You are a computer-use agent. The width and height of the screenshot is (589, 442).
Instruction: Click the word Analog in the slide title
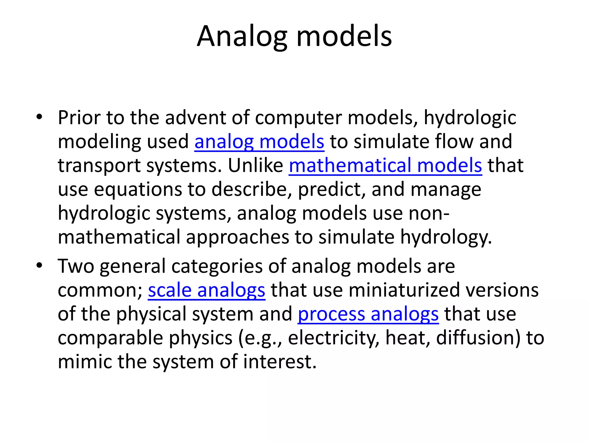[x=242, y=37]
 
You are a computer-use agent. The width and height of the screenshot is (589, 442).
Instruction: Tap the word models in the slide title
[x=344, y=37]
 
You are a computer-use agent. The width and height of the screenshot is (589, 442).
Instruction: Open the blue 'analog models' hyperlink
[x=259, y=142]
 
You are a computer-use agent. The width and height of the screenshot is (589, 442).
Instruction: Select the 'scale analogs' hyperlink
[x=206, y=290]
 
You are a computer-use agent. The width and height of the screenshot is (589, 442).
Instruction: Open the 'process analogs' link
[x=368, y=314]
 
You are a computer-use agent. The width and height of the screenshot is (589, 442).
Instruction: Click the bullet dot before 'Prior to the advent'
[x=39, y=117]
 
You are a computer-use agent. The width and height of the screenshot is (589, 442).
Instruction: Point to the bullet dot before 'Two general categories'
[x=39, y=266]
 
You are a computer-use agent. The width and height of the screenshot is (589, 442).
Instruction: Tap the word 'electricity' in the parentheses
[x=333, y=338]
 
